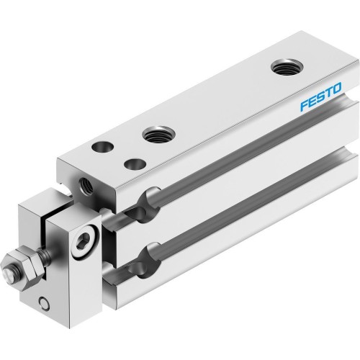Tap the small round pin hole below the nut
pos(45,302)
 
